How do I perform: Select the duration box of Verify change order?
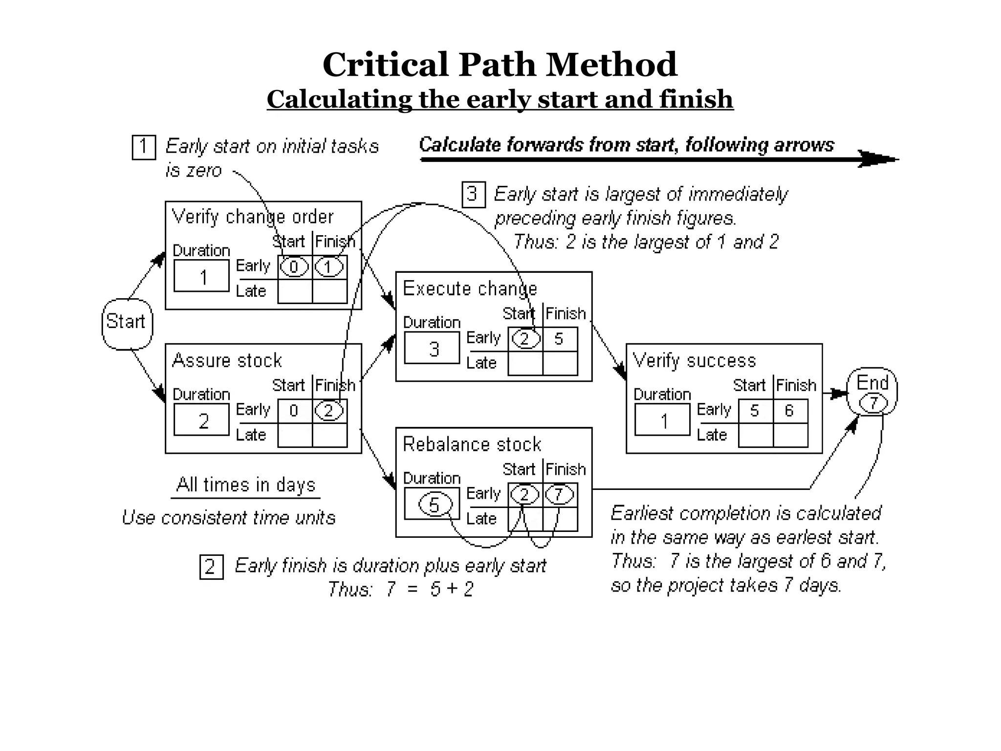[201, 276]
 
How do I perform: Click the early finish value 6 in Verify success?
[789, 411]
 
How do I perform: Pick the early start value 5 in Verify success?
[755, 411]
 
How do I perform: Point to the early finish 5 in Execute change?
[559, 339]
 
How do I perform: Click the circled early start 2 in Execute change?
[525, 339]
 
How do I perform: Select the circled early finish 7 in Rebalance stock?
[559, 495]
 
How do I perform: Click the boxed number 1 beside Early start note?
[144, 147]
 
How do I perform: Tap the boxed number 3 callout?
[473, 195]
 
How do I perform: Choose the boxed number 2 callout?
[211, 567]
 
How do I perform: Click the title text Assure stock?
[227, 360]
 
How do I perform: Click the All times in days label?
[246, 485]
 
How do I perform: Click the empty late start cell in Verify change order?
[295, 291]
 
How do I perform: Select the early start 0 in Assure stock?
[294, 411]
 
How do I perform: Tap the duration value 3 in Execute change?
[434, 349]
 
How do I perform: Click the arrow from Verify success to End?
[836, 393]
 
